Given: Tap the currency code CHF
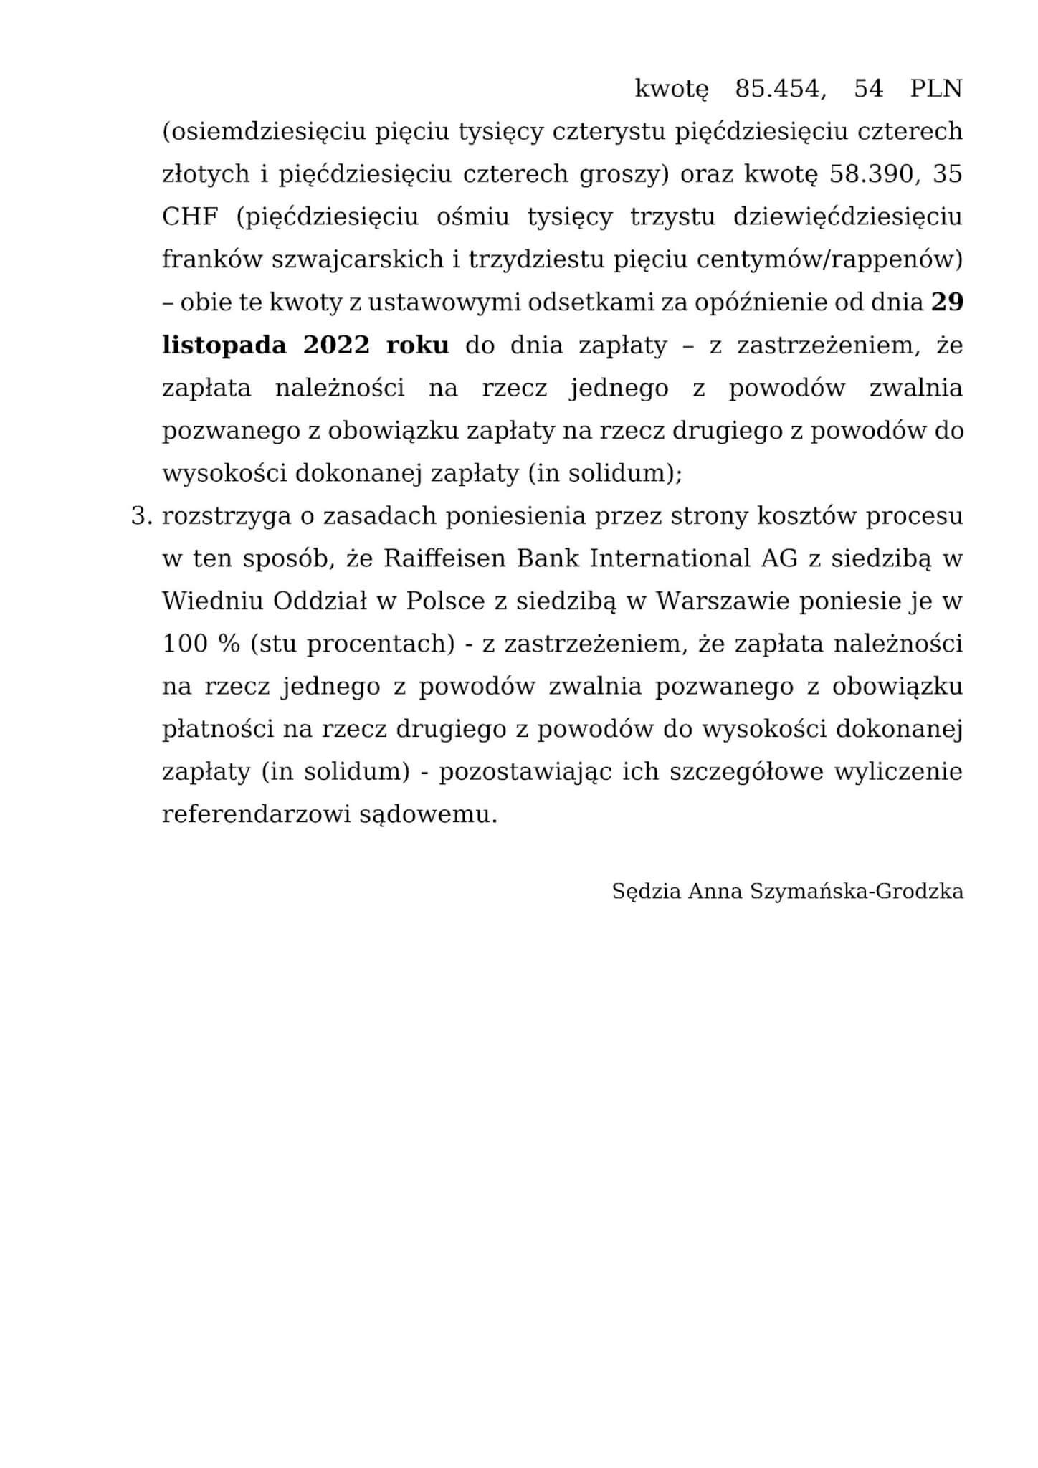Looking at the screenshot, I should pos(190,216).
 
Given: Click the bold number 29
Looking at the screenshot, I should pos(947,302).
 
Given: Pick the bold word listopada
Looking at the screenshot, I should pos(224,345).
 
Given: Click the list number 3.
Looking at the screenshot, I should pos(139,516).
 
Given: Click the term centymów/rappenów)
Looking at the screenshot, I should pos(829,259).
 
